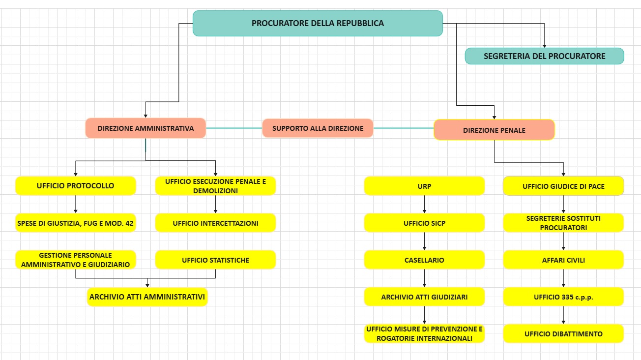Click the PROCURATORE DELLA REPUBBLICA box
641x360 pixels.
pyautogui.click(x=318, y=23)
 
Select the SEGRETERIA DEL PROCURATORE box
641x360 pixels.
pyautogui.click(x=544, y=56)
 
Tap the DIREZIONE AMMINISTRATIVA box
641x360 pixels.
pyautogui.click(x=146, y=128)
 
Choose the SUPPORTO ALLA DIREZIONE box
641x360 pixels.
pyautogui.click(x=318, y=128)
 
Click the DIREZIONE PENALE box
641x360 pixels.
pyautogui.click(x=494, y=130)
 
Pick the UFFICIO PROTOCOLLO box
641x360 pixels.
pyautogui.click(x=75, y=186)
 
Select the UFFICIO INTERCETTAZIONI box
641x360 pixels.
pyautogui.click(x=215, y=223)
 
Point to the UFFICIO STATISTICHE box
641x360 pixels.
pyautogui.click(x=215, y=260)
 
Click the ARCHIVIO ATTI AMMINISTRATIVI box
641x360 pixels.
pyautogui.click(x=147, y=297)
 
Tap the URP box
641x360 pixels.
pyautogui.click(x=424, y=186)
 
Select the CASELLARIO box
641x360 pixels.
pyautogui.click(x=424, y=260)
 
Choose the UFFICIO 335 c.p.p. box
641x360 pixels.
pyautogui.click(x=563, y=297)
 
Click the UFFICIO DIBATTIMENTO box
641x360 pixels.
pyautogui.click(x=563, y=334)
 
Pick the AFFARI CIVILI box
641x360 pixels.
pyautogui.click(x=563, y=260)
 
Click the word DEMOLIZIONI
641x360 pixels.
pyautogui.click(x=215, y=191)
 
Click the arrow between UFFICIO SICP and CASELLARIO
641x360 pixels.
pyautogui.click(x=424, y=241)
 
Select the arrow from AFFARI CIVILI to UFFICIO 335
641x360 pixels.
pyautogui.click(x=563, y=278)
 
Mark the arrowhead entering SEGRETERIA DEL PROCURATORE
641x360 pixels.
pyautogui.click(x=545, y=45)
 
